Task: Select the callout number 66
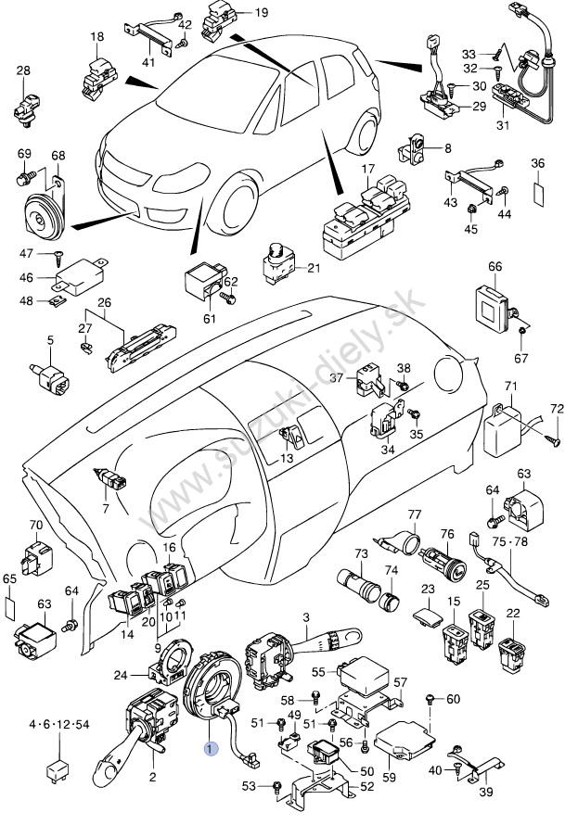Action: coord(494,267)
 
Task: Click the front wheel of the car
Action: coord(234,208)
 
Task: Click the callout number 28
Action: coord(23,70)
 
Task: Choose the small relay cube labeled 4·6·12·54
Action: coord(57,770)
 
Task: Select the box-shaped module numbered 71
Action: coord(505,430)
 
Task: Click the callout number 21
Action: coord(313,269)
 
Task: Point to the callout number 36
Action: coord(536,164)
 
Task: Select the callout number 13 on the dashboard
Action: coord(287,458)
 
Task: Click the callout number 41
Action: coord(148,62)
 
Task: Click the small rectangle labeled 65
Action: coord(9,607)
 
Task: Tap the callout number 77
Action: coord(414,514)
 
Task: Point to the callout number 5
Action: coord(50,341)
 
